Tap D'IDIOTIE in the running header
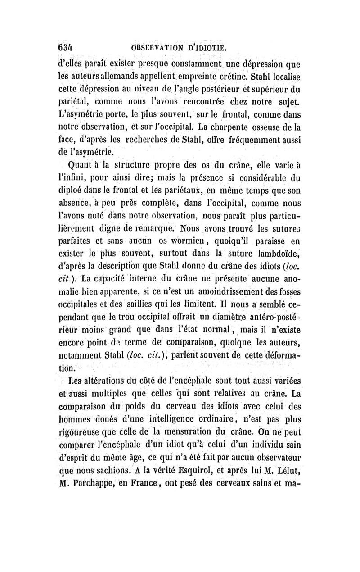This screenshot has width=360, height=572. [208, 48]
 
